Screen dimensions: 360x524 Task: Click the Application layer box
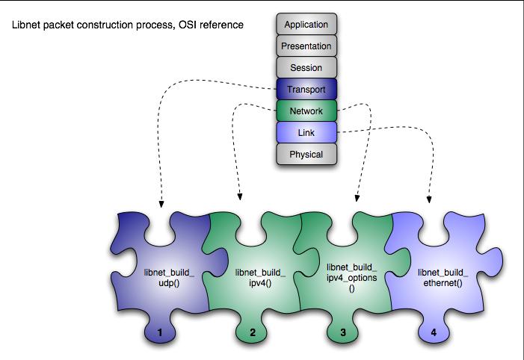tap(306, 25)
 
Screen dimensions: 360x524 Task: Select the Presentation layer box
tap(306, 46)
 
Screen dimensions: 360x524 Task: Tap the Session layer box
tap(306, 68)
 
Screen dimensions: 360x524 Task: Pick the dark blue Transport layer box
tap(306, 90)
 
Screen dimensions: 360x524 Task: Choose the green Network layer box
tap(306, 111)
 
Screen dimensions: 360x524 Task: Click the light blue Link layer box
tap(306, 133)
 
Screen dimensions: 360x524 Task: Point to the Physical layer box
tap(306, 155)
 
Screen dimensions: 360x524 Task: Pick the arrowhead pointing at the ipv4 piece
tap(240, 198)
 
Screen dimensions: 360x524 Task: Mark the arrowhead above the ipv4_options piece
tap(357, 199)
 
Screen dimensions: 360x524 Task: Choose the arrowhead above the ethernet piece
tap(430, 199)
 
